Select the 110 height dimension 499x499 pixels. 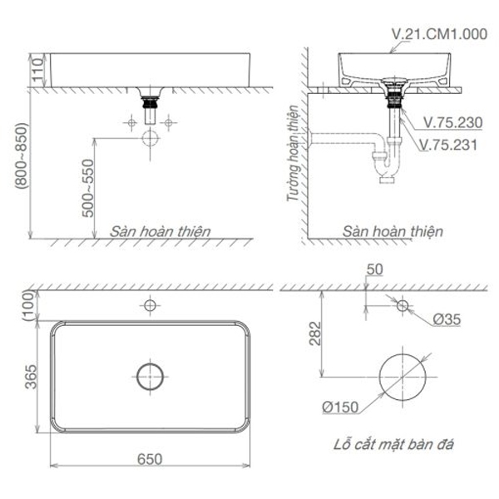point(36,70)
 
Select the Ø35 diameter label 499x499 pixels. point(445,319)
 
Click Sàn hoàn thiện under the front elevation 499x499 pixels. point(161,231)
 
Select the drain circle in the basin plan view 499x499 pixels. point(151,376)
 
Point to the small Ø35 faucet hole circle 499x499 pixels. point(403,306)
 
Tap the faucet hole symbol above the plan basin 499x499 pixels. point(150,306)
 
